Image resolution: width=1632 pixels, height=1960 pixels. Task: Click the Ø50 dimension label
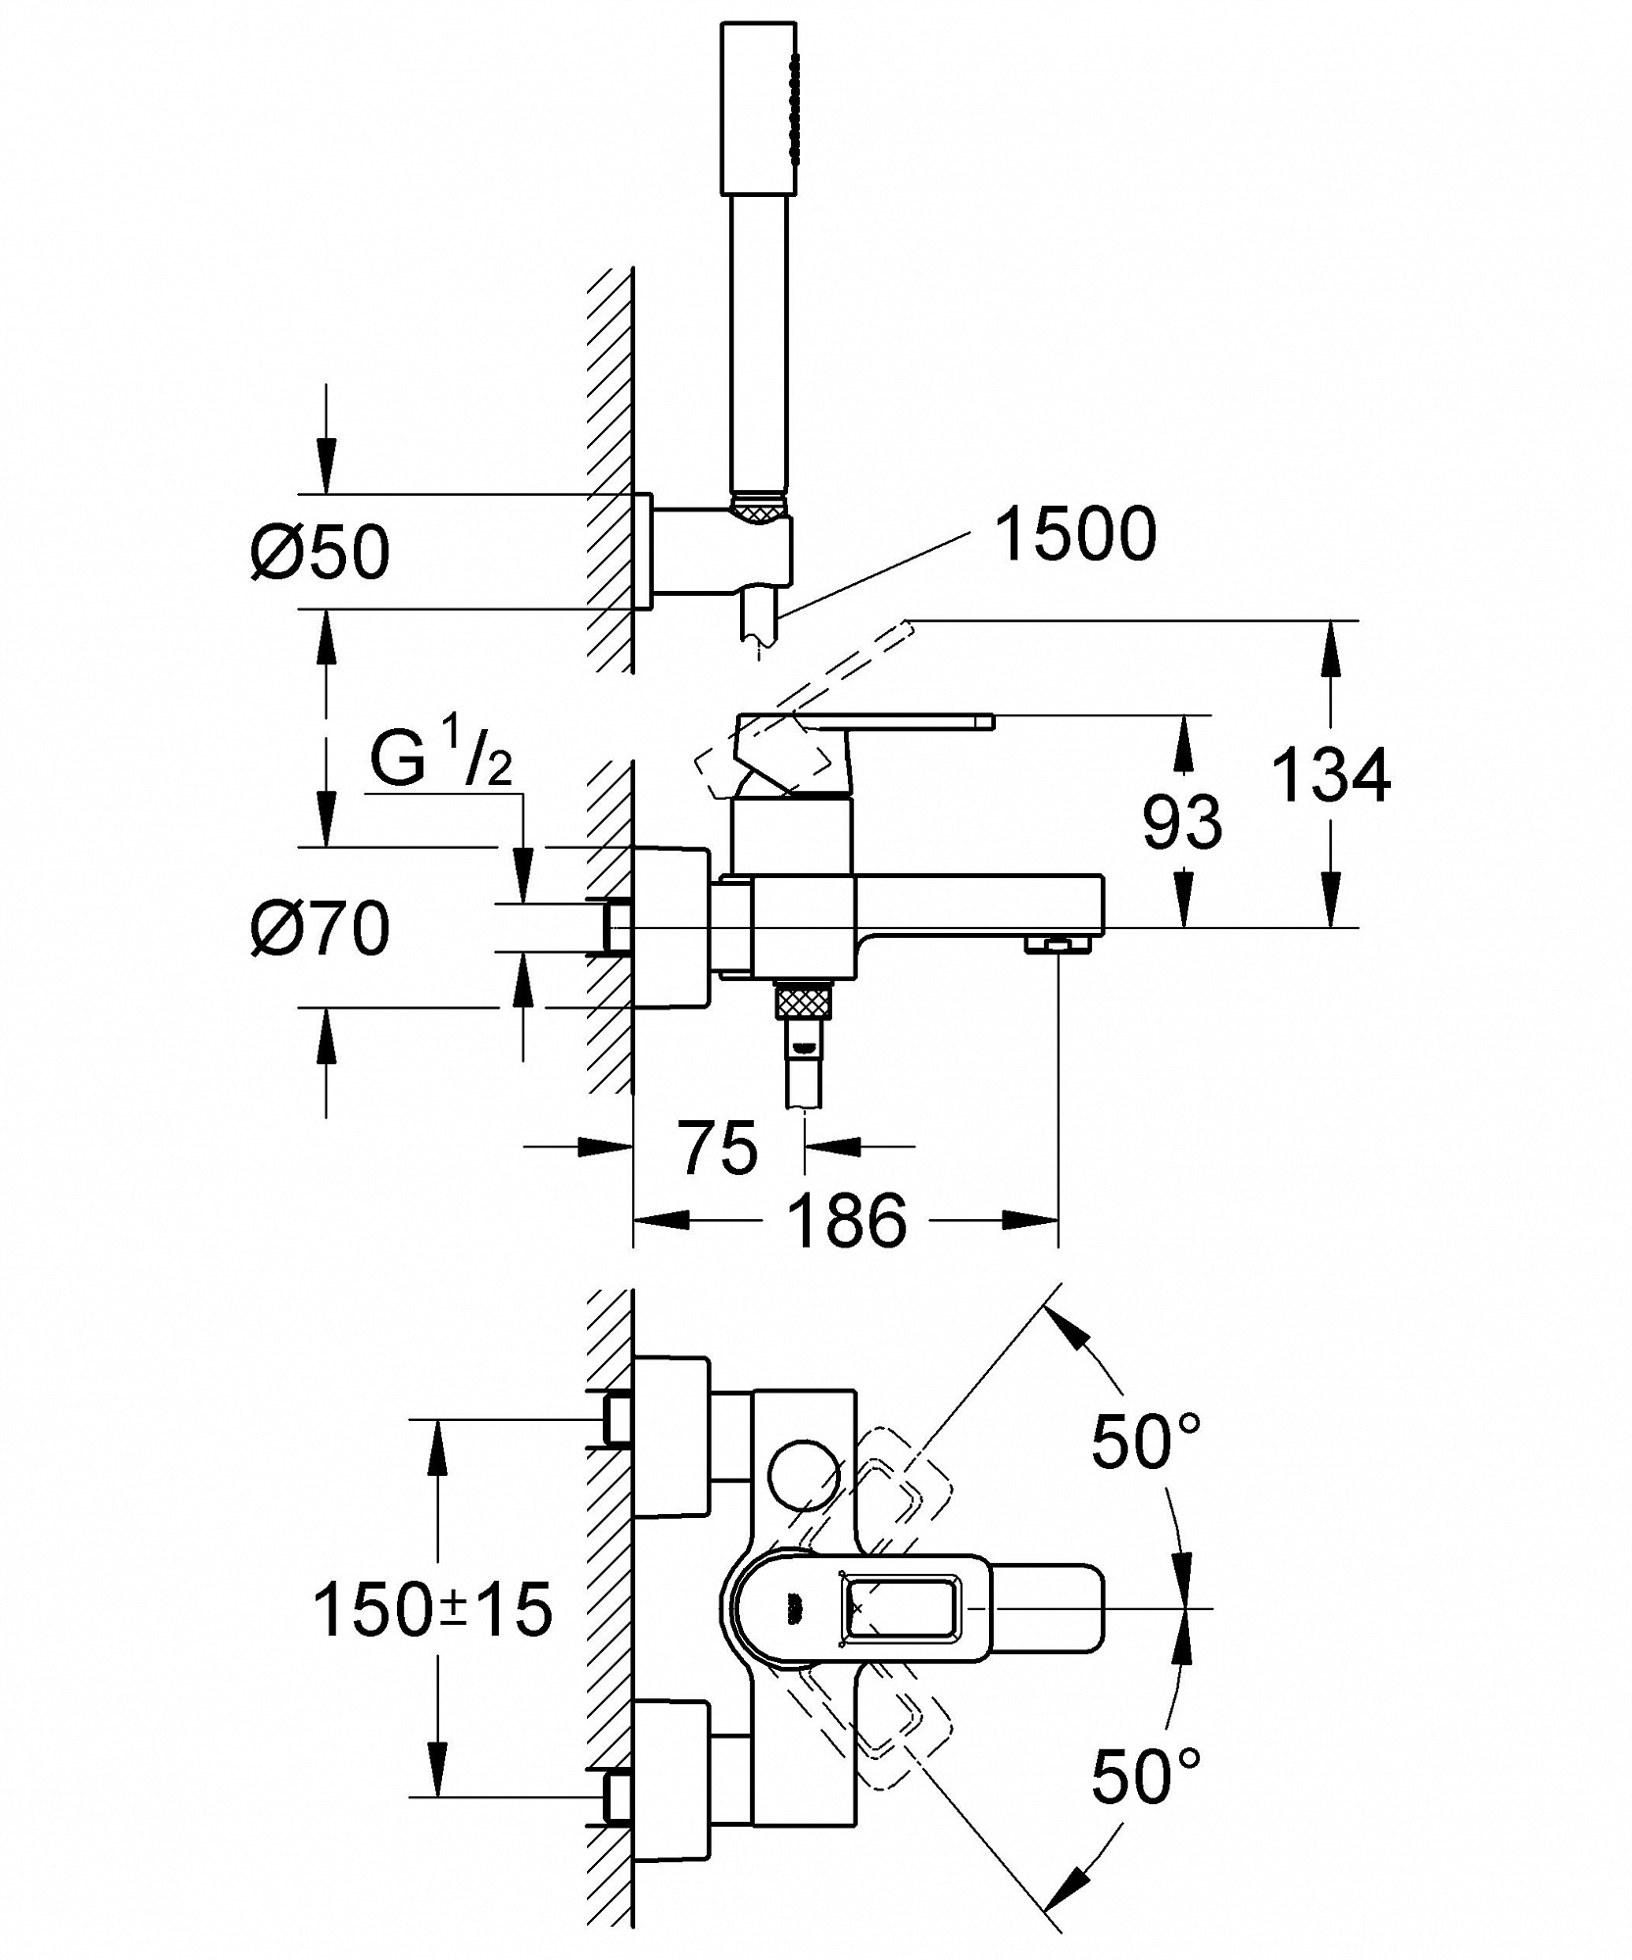click(320, 553)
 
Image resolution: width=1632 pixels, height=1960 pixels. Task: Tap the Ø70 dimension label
click(320, 927)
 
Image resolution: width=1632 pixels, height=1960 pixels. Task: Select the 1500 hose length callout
click(1075, 535)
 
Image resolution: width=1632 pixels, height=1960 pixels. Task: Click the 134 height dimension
click(1331, 775)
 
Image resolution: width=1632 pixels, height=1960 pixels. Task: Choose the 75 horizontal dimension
click(719, 1147)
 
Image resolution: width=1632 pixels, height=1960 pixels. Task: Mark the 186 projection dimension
click(848, 1221)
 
